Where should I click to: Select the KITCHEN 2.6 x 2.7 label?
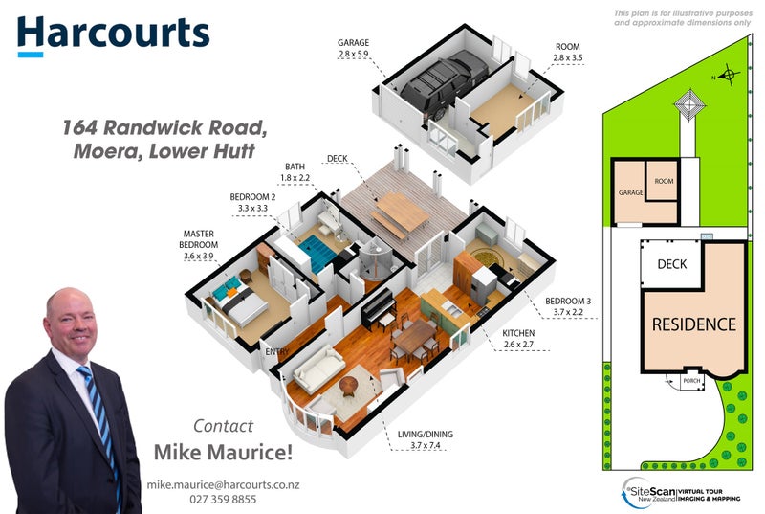(x=518, y=338)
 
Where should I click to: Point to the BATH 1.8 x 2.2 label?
(x=295, y=171)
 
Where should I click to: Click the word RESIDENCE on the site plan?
(x=694, y=324)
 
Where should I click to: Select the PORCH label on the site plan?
(x=690, y=381)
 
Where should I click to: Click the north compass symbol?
(x=728, y=73)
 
